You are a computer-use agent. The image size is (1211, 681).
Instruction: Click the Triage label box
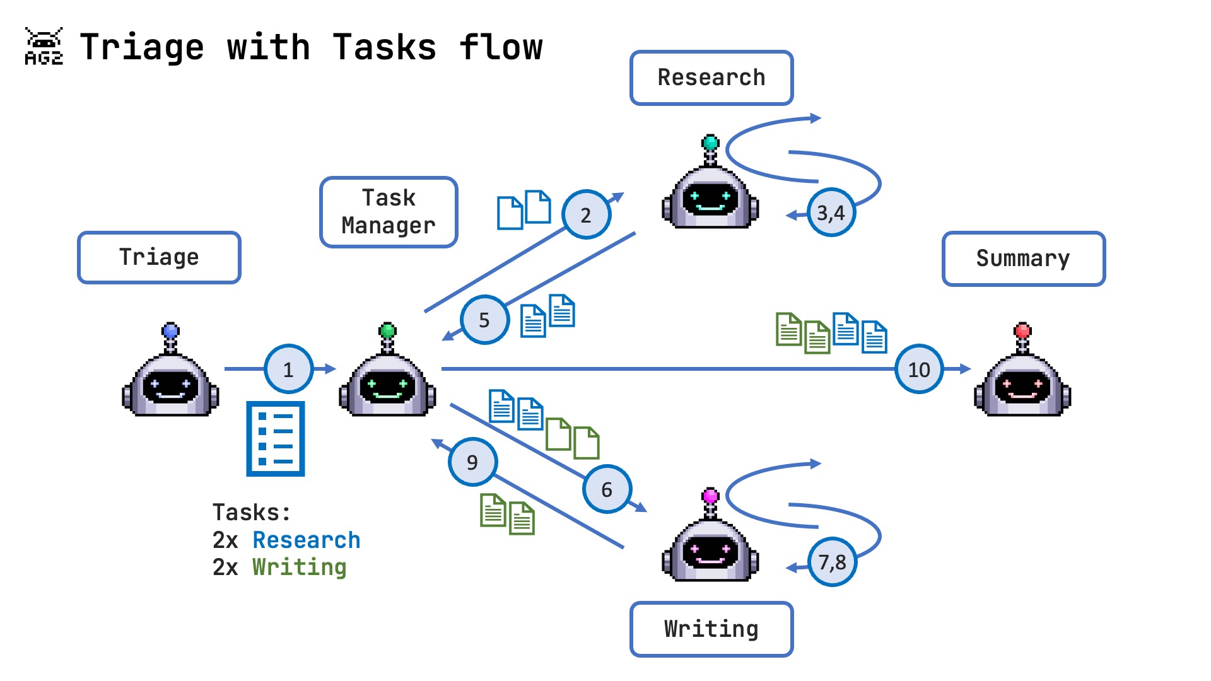click(x=159, y=257)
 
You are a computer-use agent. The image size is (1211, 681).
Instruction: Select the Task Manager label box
click(x=389, y=212)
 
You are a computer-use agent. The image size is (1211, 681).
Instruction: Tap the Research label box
click(x=711, y=78)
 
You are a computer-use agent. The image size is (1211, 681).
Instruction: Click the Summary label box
click(x=1023, y=259)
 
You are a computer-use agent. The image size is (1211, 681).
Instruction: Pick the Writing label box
click(x=711, y=629)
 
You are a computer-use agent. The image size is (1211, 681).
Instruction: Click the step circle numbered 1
click(x=288, y=369)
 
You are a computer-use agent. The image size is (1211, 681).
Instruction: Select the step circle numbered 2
click(x=586, y=215)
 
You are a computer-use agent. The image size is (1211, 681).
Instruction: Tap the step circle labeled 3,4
click(x=831, y=212)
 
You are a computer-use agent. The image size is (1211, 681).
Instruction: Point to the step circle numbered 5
click(x=484, y=320)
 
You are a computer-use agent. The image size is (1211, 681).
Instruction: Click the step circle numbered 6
click(x=606, y=489)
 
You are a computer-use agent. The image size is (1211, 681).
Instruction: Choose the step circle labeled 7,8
click(x=831, y=562)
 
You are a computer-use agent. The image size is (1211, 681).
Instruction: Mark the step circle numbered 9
click(x=472, y=462)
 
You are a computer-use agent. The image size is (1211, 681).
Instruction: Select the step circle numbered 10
click(x=918, y=369)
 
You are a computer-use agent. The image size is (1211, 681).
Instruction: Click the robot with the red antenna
click(x=1022, y=378)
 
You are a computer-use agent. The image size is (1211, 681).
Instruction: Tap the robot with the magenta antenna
click(x=710, y=542)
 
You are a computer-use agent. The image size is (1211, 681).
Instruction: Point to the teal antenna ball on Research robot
click(x=710, y=143)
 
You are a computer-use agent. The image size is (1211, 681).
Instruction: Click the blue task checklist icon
click(x=276, y=438)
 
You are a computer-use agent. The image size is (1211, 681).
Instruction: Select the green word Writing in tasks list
click(x=299, y=567)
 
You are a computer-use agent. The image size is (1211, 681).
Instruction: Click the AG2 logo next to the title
click(x=44, y=47)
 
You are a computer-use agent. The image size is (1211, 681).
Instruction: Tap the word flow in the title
click(x=501, y=47)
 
